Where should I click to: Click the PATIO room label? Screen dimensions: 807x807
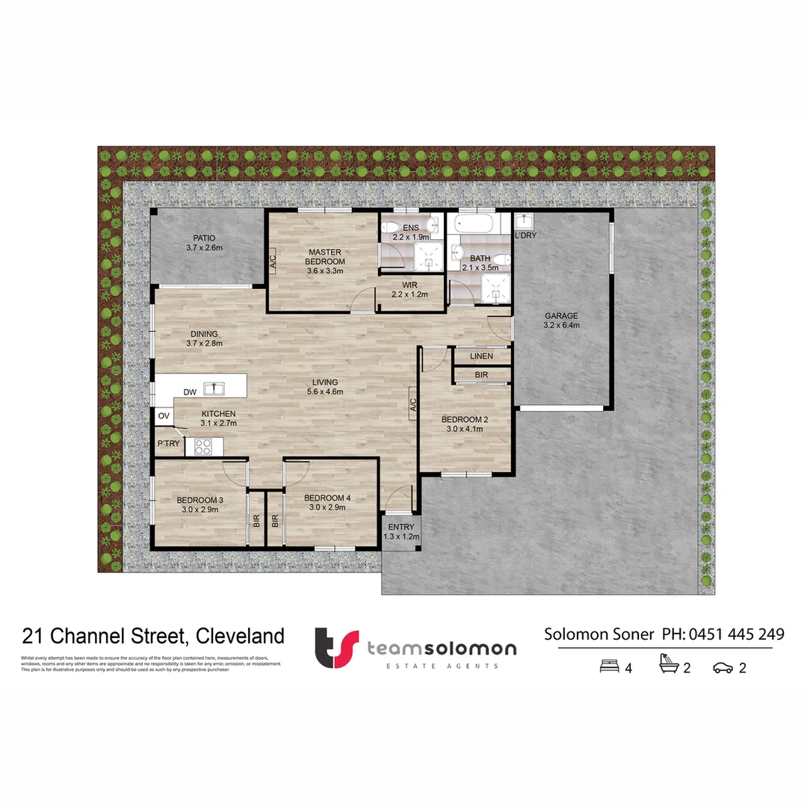[204, 238]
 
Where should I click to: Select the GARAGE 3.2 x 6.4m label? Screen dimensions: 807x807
[561, 320]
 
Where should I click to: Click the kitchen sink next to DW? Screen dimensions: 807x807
[214, 388]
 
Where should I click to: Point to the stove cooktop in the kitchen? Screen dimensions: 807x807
[203, 447]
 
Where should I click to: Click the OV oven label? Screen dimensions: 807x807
[163, 415]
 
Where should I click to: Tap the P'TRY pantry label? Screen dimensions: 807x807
[168, 444]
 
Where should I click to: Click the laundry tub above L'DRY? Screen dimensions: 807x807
[524, 221]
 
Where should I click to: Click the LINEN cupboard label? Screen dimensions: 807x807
[482, 356]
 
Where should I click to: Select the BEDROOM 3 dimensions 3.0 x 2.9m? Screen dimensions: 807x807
[200, 509]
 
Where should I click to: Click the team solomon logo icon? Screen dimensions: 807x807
[336, 647]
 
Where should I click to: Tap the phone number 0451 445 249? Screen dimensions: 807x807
[737, 634]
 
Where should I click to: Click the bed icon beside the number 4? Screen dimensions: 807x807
[610, 667]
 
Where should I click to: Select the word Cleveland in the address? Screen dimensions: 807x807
[240, 636]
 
